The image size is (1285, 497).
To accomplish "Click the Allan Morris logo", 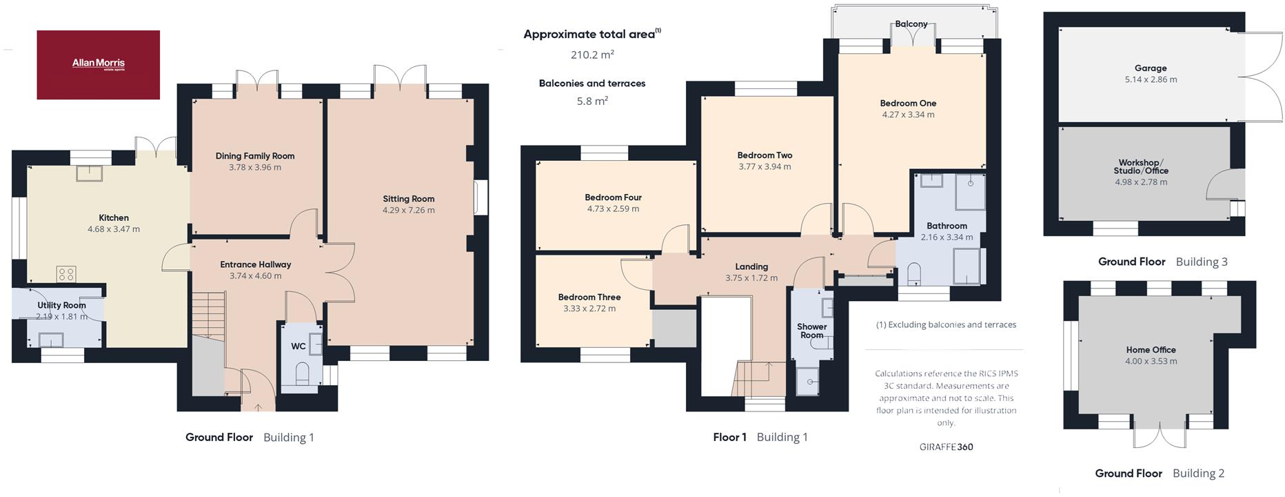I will (99, 64).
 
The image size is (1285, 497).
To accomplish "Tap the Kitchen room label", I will (114, 217).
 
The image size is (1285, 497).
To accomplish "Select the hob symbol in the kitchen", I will (66, 274).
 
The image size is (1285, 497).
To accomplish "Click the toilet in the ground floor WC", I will (302, 375).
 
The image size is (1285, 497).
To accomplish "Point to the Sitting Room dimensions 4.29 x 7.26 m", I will (409, 210).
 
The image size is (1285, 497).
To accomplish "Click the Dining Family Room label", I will (255, 156).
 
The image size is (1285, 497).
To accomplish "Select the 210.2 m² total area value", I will (591, 55).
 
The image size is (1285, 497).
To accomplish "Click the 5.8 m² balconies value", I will (591, 101).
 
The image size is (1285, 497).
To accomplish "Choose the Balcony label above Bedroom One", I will (911, 24).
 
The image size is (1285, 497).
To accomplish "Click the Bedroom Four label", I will (613, 197).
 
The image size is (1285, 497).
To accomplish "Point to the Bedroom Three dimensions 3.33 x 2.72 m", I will (589, 309).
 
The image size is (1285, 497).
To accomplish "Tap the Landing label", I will (751, 266).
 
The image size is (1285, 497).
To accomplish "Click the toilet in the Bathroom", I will (915, 273).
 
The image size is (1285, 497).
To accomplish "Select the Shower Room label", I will (811, 331).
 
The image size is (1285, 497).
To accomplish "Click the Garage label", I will (1151, 68).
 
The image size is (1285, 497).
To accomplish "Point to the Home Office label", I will (1151, 350).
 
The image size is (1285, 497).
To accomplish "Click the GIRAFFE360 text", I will (946, 447).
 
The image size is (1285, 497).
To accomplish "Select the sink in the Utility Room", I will (51, 340).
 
